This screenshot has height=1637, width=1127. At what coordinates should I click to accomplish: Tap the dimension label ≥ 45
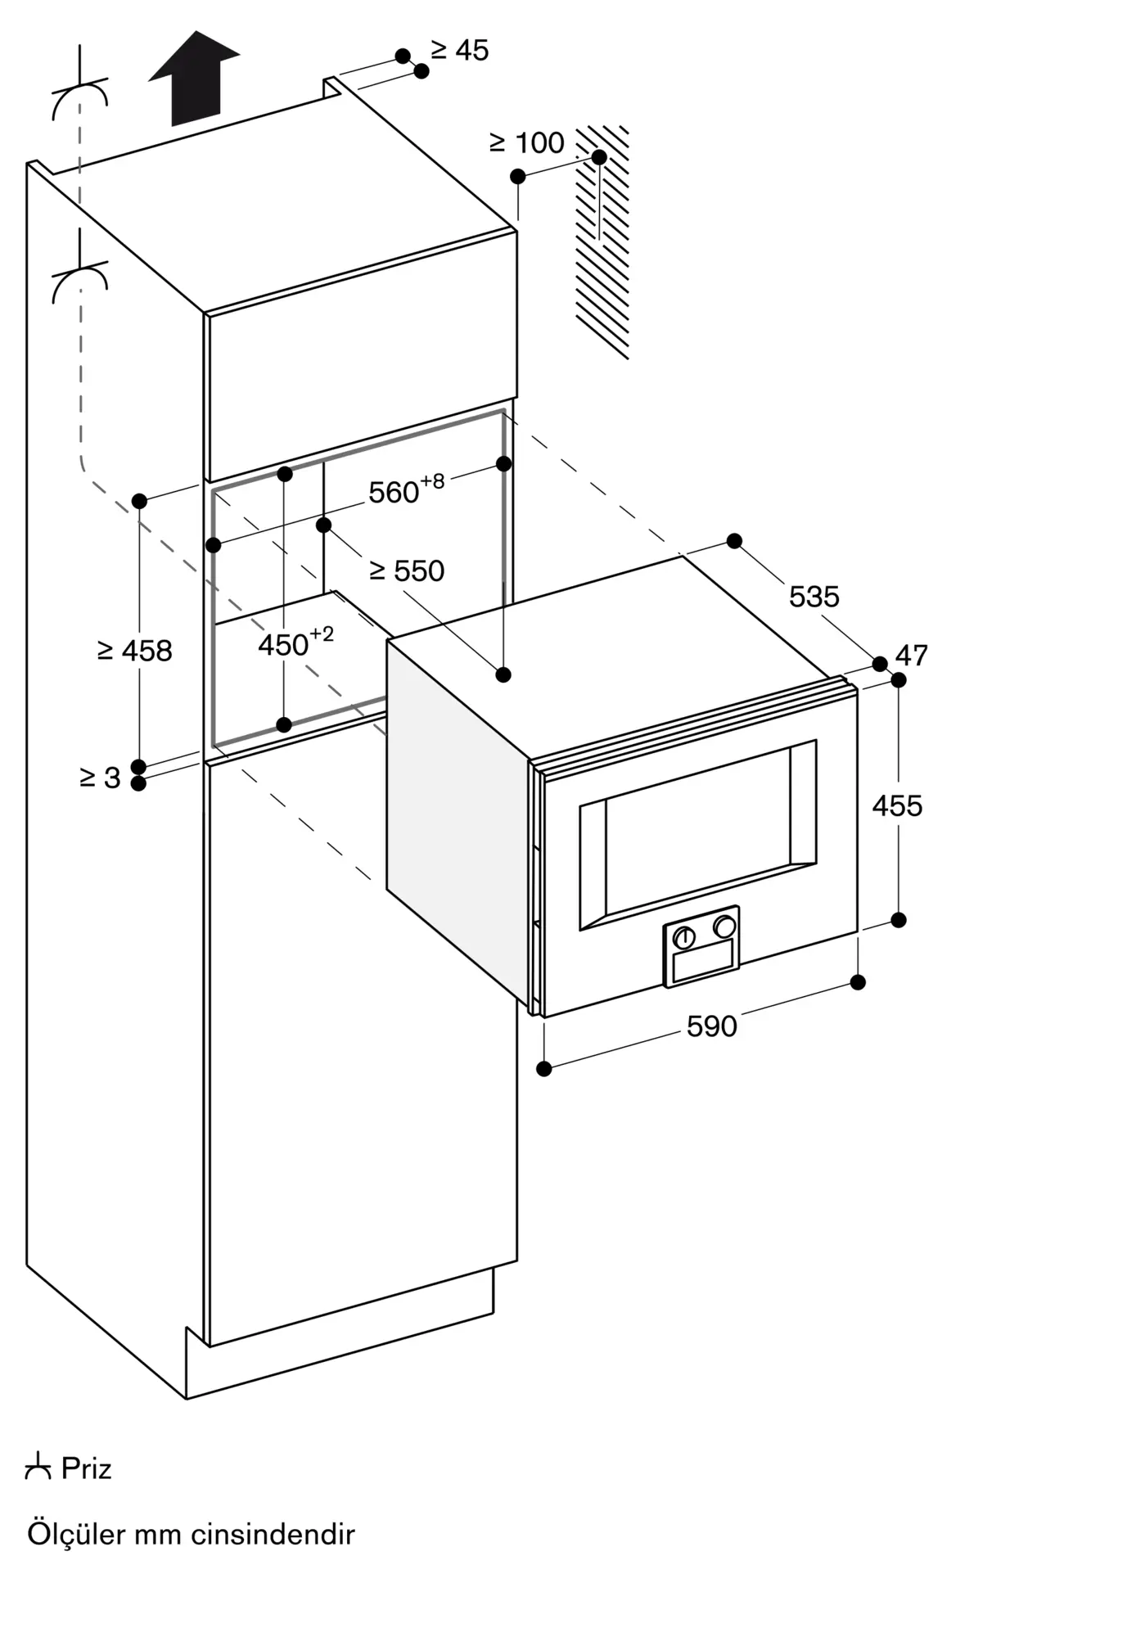(x=460, y=50)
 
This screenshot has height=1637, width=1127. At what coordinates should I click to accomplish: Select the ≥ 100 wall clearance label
(x=527, y=142)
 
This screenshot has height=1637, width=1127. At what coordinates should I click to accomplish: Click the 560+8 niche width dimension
(x=407, y=490)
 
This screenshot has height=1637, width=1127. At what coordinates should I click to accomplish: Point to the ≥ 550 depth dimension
(x=407, y=570)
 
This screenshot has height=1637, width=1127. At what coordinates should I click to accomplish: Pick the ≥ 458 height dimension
(x=135, y=651)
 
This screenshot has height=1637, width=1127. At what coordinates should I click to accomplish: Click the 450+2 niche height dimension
(x=296, y=643)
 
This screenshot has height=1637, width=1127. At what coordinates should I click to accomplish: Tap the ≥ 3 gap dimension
(x=100, y=778)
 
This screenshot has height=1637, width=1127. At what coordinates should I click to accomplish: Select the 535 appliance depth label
(x=814, y=596)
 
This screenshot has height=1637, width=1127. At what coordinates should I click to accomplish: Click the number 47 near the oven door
(x=912, y=655)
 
